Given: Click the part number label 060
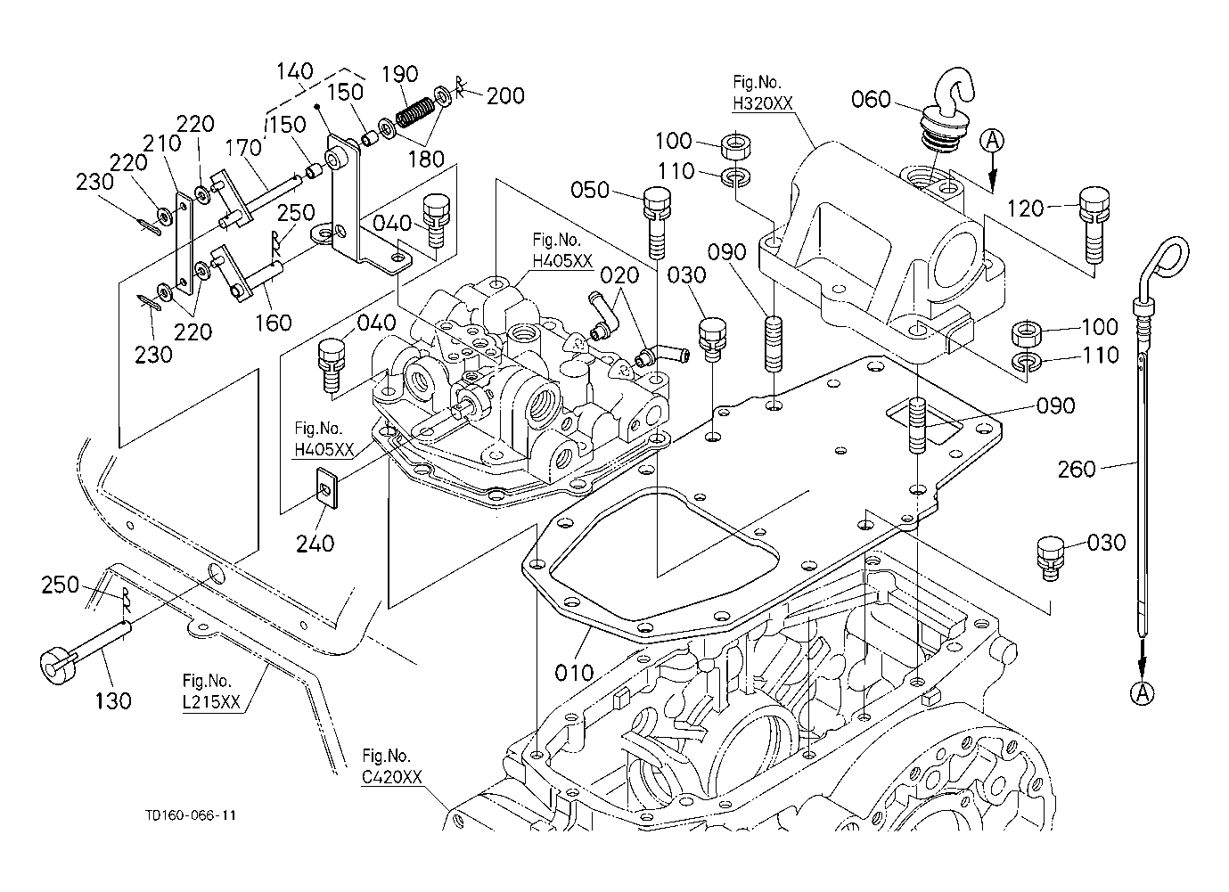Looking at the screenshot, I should [871, 99].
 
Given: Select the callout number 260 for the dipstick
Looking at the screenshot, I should [1076, 469].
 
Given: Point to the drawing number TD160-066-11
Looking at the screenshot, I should [191, 815].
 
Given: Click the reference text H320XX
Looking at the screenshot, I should [762, 103].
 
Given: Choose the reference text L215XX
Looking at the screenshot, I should [210, 702].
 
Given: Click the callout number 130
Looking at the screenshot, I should [113, 700].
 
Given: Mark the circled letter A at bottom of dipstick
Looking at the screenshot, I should [1142, 692].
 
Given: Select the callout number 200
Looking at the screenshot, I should [505, 95].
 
